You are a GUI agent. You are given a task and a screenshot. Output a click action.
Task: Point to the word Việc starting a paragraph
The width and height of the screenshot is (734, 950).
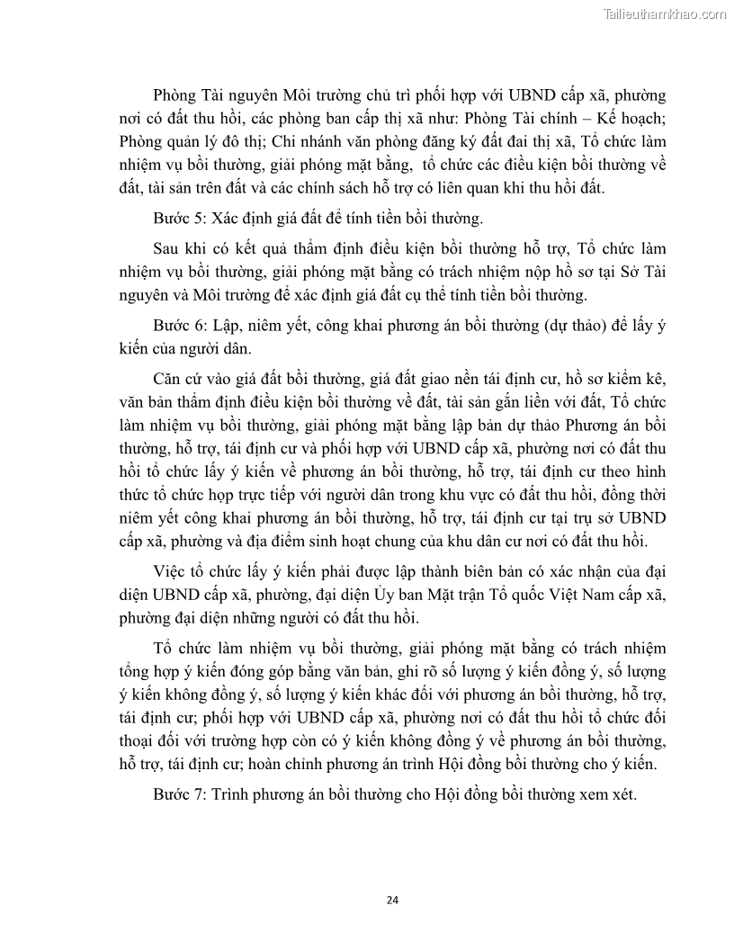tap(171, 573)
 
